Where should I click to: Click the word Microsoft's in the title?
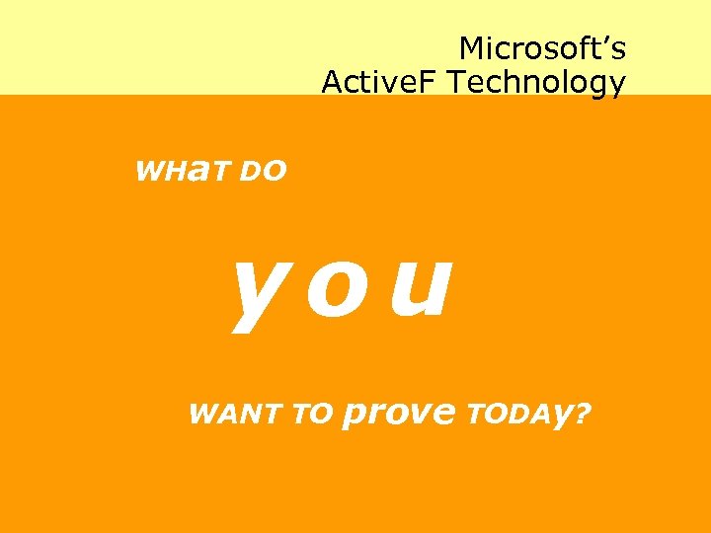click(542, 47)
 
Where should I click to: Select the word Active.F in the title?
click(380, 82)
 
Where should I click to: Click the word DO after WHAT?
click(262, 172)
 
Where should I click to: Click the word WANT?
click(233, 414)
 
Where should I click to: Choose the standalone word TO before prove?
click(313, 415)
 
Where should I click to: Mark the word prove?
click(398, 415)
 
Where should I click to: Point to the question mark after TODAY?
click(584, 413)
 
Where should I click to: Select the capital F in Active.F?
click(431, 82)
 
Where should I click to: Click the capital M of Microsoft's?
click(471, 47)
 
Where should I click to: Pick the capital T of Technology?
click(455, 82)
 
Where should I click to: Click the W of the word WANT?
click(201, 414)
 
